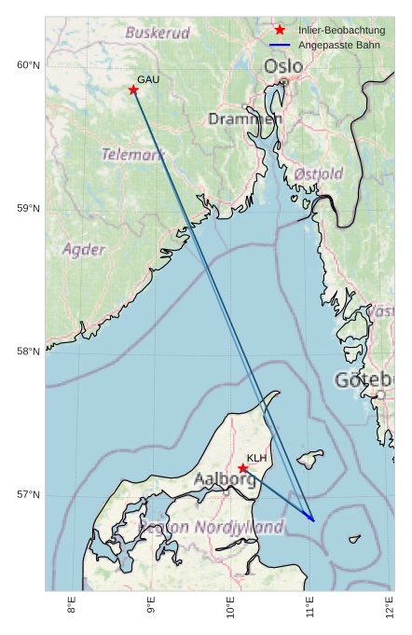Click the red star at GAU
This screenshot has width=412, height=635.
(133, 90)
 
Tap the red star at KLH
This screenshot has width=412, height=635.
(243, 468)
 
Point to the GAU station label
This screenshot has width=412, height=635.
(148, 80)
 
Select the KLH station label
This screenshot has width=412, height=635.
(257, 458)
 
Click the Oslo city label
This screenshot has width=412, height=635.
(283, 67)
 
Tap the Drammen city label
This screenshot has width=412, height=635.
(245, 119)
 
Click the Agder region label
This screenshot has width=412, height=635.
(84, 250)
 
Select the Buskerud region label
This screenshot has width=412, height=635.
(158, 33)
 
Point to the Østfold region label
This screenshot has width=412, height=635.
(319, 173)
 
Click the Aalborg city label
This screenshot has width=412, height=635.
(225, 479)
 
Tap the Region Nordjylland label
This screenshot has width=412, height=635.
(211, 528)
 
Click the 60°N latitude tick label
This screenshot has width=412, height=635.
(28, 65)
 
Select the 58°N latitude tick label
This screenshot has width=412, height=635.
(28, 352)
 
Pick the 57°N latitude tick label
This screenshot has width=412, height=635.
(28, 494)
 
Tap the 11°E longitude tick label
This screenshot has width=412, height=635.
(310, 611)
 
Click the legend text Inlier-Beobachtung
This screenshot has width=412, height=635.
(341, 31)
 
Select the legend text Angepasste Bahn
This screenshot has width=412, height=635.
(338, 45)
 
